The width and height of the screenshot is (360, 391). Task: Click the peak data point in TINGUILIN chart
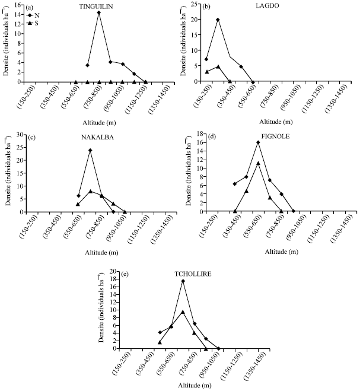click(98, 12)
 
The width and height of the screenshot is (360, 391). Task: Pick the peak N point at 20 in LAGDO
click(218, 20)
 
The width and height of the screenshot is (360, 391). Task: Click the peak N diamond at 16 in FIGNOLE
click(258, 142)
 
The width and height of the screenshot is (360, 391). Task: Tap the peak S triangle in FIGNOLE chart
click(258, 163)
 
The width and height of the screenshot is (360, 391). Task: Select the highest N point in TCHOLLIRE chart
click(183, 281)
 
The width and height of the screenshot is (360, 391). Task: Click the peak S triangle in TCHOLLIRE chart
click(183, 311)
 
